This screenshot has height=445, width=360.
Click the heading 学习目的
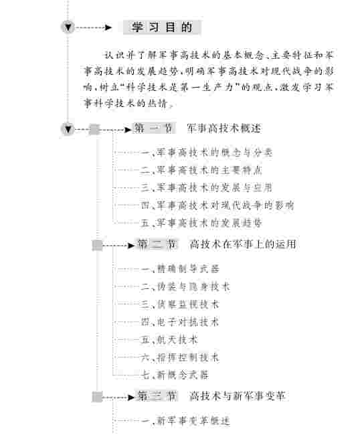click(x=162, y=27)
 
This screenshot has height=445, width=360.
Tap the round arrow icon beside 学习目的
click(x=68, y=27)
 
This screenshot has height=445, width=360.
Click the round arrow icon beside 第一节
click(x=68, y=129)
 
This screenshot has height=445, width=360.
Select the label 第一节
click(x=153, y=128)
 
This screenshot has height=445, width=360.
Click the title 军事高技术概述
click(x=224, y=128)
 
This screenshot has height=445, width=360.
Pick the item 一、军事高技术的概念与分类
click(x=207, y=153)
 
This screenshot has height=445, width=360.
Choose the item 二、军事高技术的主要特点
click(x=201, y=170)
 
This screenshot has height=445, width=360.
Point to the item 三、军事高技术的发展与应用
click(x=207, y=187)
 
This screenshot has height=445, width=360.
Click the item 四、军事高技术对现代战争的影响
click(x=217, y=205)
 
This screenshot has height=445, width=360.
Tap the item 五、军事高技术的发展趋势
click(x=201, y=223)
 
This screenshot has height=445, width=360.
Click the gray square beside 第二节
click(x=97, y=245)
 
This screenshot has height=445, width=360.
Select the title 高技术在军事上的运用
click(x=243, y=244)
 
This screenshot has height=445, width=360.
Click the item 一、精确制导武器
click(x=180, y=269)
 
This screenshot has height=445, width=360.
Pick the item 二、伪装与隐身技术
click(x=185, y=286)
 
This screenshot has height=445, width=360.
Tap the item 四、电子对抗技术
click(x=180, y=322)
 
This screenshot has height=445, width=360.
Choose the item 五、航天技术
click(x=169, y=340)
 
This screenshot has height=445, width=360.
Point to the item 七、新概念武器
click(x=175, y=375)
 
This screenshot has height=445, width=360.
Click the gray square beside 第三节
click(x=97, y=397)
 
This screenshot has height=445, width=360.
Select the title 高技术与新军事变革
click(x=238, y=396)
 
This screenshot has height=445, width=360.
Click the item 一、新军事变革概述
click(x=185, y=421)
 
